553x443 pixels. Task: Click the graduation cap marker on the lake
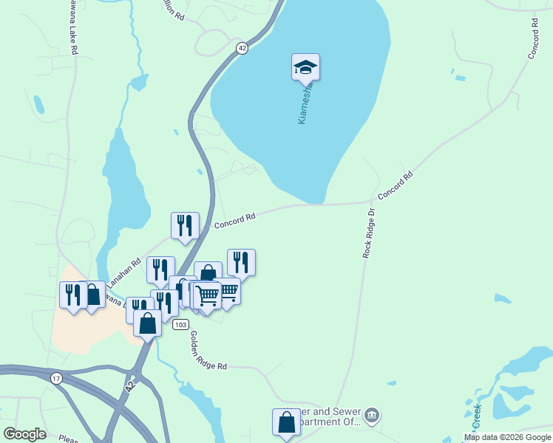pos(305,68)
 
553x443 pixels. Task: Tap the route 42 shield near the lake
pos(242,47)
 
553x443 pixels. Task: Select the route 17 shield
pos(56,378)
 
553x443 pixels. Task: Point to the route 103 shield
pos(180,324)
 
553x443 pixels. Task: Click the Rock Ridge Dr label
pos(369,233)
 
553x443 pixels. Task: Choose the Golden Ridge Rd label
pos(208,350)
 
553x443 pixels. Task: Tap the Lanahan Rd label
pos(124,273)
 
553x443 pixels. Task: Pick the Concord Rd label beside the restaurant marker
pos(234,219)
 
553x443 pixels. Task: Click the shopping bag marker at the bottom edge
pos(286,423)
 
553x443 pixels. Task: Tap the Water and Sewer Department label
pos(329,416)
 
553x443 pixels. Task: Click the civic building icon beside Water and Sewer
pos(373,416)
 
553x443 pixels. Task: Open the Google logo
pos(24,433)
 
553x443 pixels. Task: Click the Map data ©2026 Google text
pos(507,437)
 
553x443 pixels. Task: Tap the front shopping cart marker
pos(208,295)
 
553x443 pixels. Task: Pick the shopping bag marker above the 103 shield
pos(147,323)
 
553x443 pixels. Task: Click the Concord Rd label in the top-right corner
pos(535,40)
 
